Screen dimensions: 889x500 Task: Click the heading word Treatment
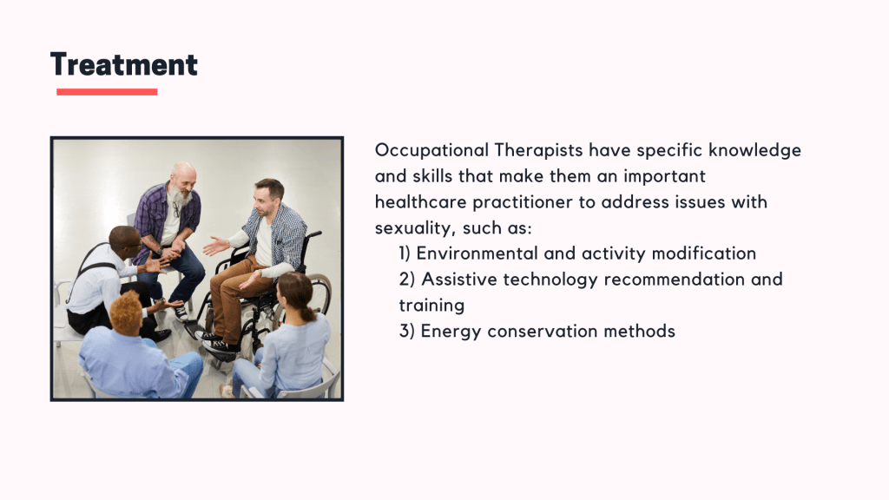123,64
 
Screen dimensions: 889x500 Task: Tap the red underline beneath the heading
107,92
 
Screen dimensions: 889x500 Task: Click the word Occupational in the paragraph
431,151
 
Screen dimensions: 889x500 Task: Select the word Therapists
538,151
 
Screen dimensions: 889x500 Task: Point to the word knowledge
754,151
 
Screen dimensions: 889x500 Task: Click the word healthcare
421,201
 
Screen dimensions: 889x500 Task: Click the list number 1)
405,253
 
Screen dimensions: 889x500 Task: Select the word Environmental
477,253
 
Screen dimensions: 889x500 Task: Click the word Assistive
459,280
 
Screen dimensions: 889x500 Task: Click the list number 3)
407,331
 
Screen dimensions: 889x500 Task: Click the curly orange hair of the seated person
126,311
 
